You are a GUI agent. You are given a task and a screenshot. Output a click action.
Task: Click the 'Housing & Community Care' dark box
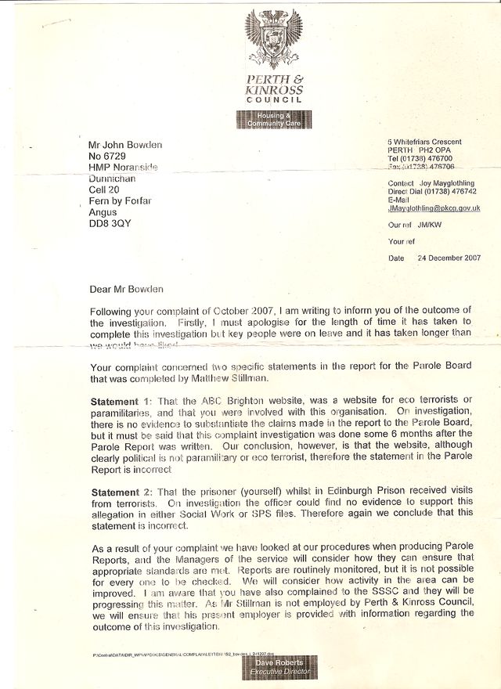(274, 120)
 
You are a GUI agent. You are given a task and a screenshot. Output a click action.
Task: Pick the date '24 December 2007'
(449, 258)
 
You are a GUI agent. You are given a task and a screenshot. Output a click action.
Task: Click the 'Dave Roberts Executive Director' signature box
(279, 668)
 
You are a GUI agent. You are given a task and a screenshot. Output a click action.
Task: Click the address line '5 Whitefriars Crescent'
(424, 142)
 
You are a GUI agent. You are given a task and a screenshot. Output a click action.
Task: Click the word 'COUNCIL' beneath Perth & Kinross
(274, 101)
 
